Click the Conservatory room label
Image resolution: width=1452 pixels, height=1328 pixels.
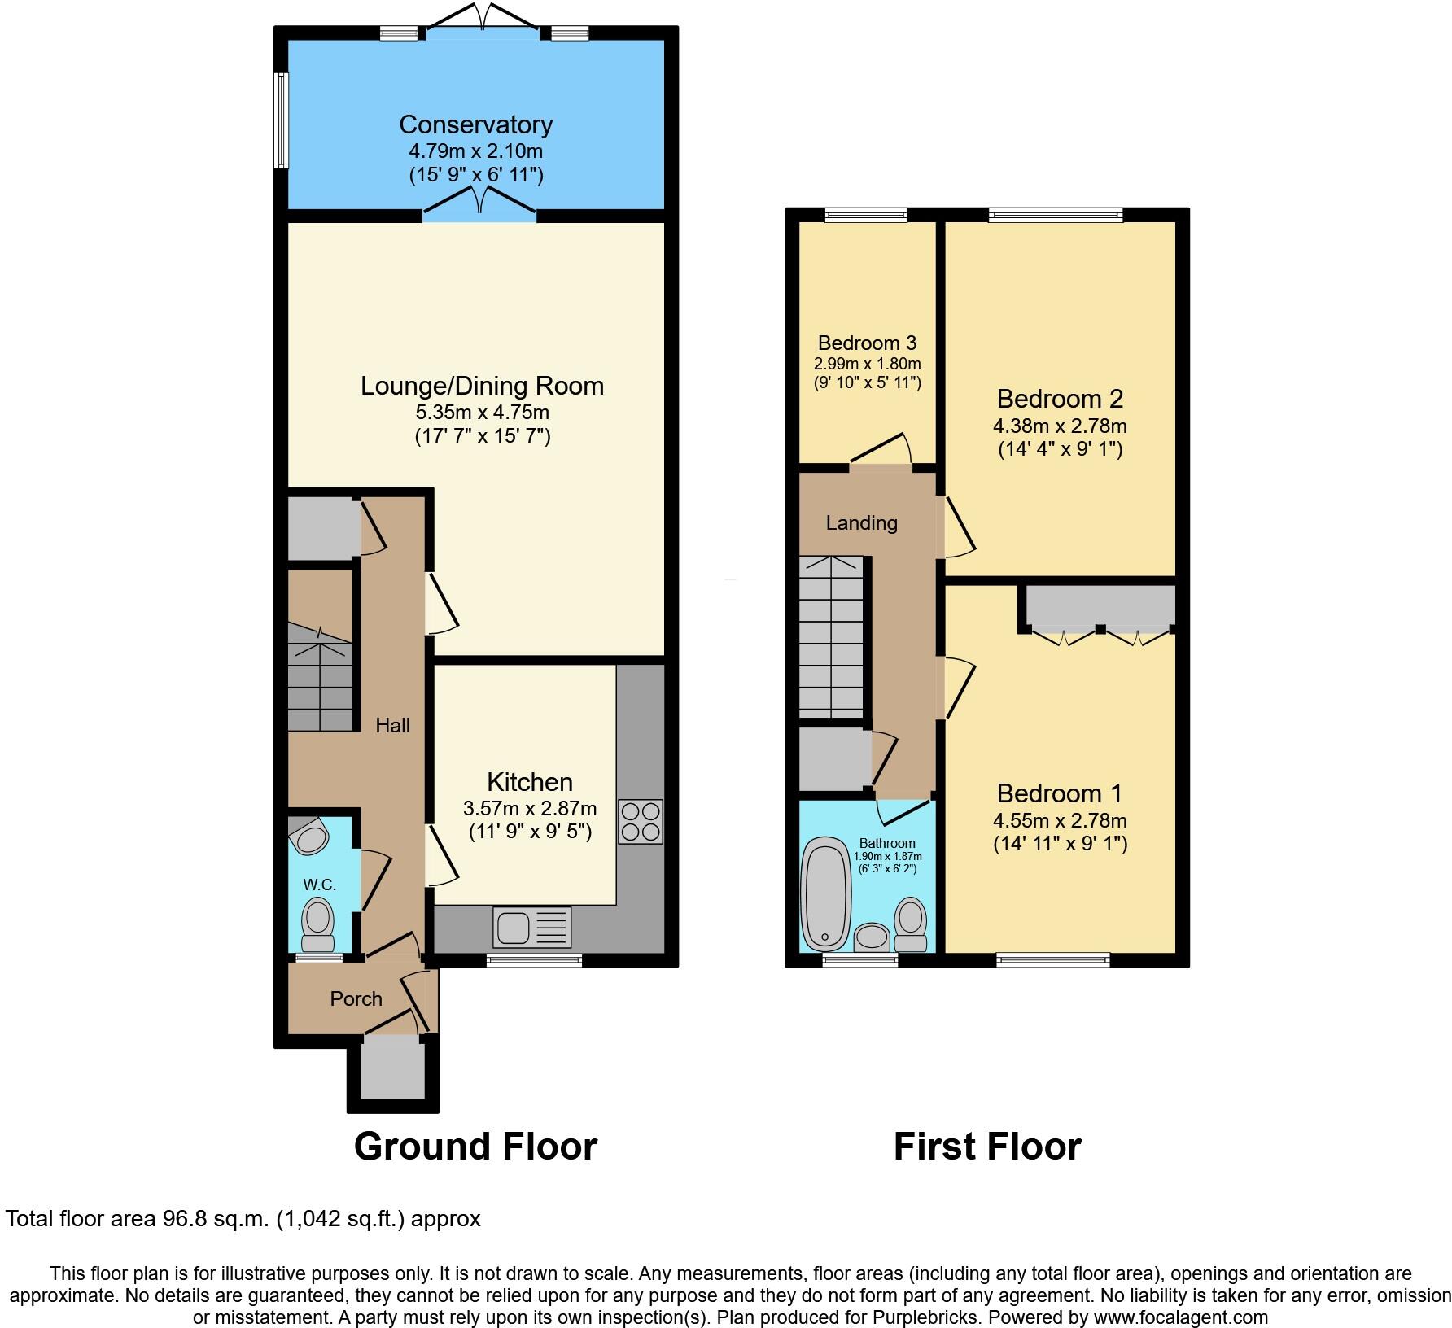(x=475, y=124)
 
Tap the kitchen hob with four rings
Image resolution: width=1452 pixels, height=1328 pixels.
(x=641, y=822)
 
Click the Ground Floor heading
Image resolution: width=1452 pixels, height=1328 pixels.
(x=475, y=1147)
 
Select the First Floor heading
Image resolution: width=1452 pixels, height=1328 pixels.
(x=986, y=1147)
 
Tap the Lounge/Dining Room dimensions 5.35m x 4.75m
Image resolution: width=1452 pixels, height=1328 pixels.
(x=482, y=412)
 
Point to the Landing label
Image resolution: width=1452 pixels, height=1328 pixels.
(x=861, y=522)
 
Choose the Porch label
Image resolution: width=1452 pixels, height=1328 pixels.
(x=356, y=998)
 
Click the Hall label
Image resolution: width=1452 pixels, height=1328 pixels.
(x=392, y=725)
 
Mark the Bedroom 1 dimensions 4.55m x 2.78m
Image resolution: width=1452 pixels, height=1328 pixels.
(x=1060, y=820)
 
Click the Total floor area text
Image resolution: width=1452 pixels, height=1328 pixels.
(x=243, y=1219)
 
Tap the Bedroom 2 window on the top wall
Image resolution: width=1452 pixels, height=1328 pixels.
(x=1056, y=215)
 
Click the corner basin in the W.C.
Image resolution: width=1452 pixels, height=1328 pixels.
(x=308, y=836)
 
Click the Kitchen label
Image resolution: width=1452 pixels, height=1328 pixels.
(x=530, y=782)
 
